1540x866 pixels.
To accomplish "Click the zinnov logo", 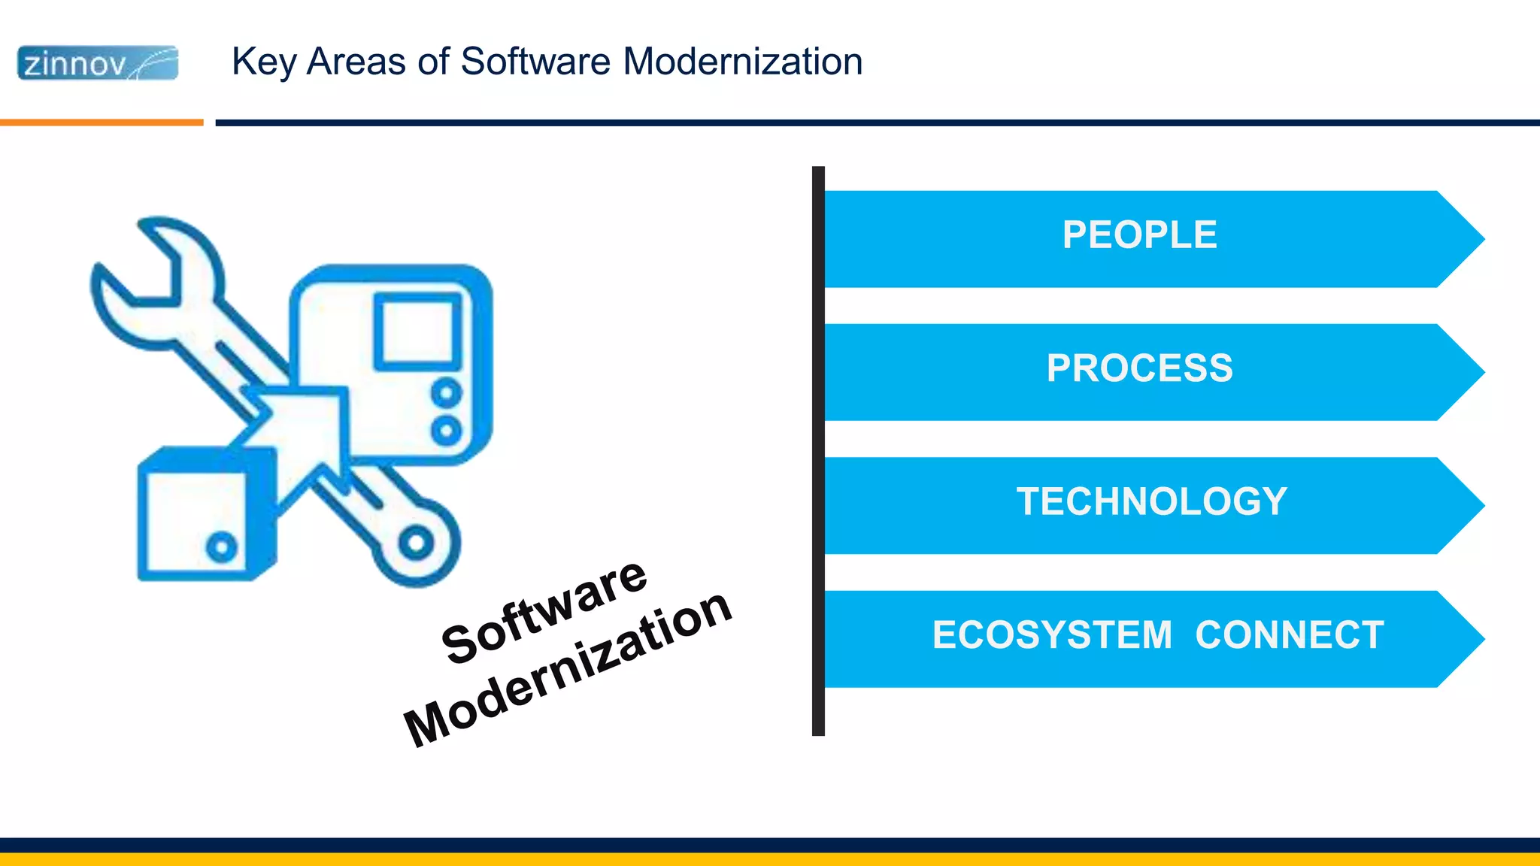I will click(x=98, y=63).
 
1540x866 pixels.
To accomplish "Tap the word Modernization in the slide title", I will click(x=742, y=62).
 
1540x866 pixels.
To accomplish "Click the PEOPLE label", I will click(x=1139, y=235).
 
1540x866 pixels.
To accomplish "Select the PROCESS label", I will click(x=1139, y=368).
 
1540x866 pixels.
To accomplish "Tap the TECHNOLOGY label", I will click(x=1151, y=501).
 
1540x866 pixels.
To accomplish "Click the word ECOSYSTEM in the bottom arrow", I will click(x=1052, y=635).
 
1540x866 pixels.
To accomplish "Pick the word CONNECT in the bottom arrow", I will click(x=1289, y=635).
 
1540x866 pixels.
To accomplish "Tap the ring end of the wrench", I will click(x=416, y=543).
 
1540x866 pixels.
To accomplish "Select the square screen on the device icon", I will click(x=417, y=332).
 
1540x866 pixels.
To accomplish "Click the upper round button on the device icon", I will click(x=446, y=392).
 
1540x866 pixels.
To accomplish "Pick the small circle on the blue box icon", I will click(x=221, y=547).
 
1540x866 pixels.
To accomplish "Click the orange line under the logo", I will click(x=102, y=122).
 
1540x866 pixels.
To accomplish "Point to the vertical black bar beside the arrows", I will click(x=818, y=451).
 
